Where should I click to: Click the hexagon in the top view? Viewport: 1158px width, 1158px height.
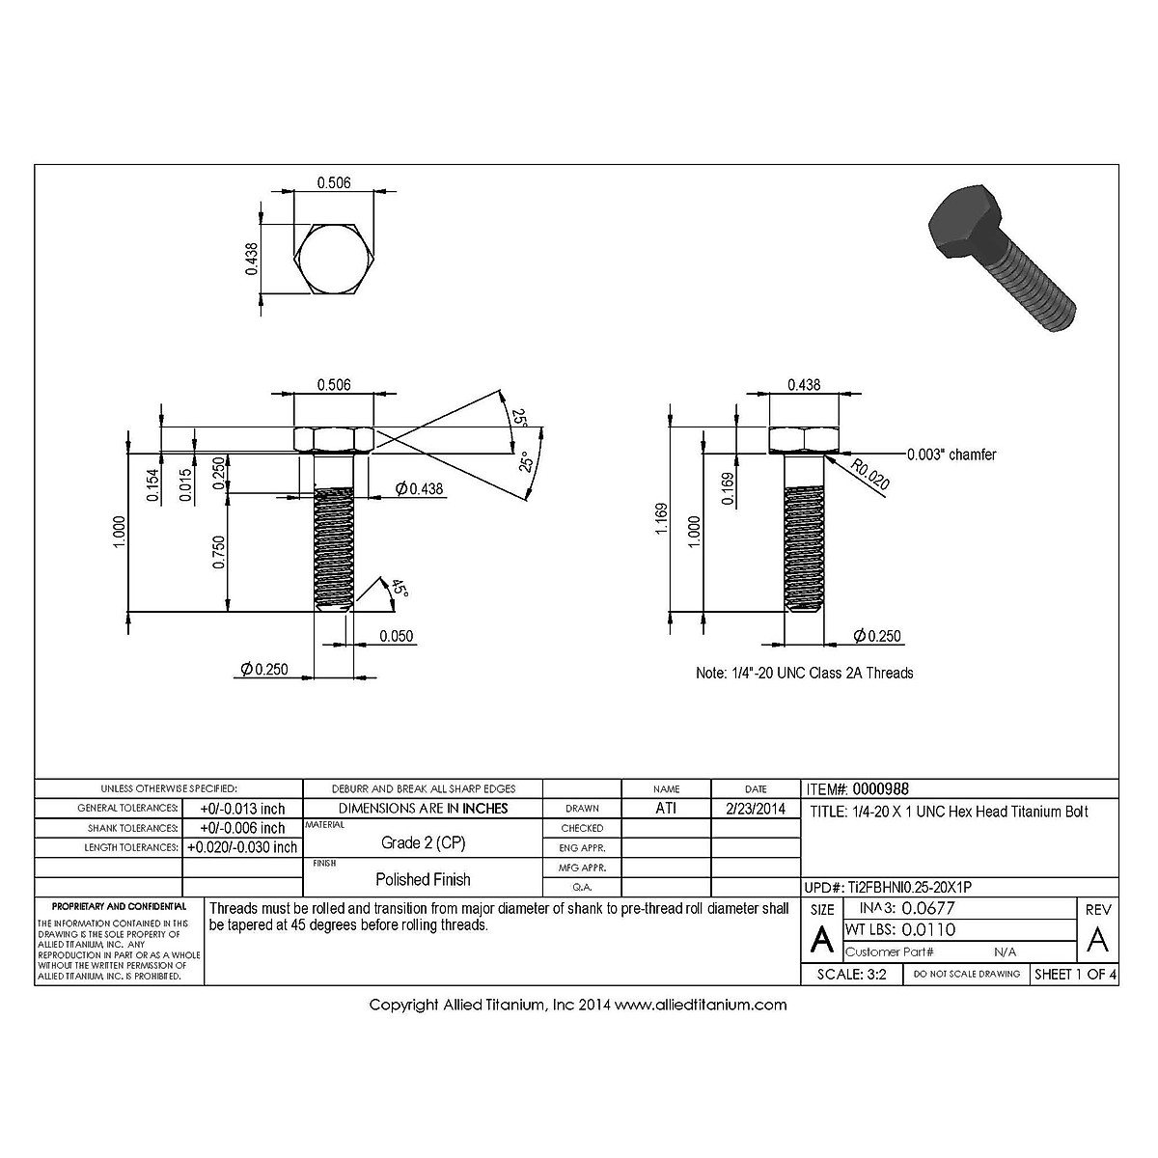(x=333, y=262)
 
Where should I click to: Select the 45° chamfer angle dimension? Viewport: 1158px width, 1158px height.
(x=399, y=590)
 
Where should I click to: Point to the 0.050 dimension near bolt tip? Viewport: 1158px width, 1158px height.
(x=396, y=636)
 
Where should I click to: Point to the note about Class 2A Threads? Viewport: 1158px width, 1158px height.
(x=804, y=673)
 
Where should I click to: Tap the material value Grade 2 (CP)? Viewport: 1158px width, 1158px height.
(x=423, y=842)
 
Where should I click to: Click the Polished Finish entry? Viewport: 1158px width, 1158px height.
(x=423, y=879)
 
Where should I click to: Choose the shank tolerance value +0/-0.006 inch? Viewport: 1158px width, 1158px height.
(x=242, y=828)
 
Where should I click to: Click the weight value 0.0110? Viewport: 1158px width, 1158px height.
(x=927, y=929)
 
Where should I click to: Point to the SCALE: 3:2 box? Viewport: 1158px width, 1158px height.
(x=852, y=974)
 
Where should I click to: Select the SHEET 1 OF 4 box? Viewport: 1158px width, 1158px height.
(x=1075, y=974)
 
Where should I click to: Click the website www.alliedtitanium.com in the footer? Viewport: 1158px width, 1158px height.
(x=701, y=1005)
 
